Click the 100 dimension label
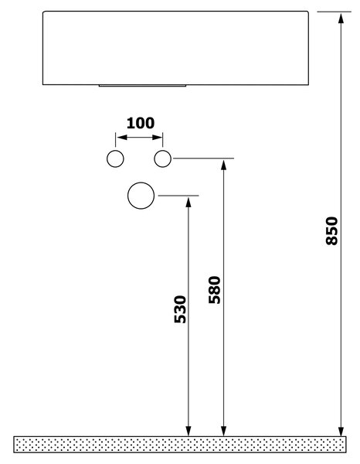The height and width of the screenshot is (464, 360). click(141, 123)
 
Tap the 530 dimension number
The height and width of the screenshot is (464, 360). click(180, 309)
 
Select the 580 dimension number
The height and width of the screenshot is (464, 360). click(215, 290)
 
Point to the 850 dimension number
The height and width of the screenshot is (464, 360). click(331, 230)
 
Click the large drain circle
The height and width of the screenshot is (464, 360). click(128, 196)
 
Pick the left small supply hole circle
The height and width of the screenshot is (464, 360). click(107, 159)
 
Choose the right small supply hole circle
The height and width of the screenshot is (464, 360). click(155, 159)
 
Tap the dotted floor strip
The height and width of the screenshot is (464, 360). click(180, 444)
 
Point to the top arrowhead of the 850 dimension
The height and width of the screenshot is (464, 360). click(341, 18)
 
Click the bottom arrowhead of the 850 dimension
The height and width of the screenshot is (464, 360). click(341, 431)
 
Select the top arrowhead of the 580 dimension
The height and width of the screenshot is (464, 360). click(224, 164)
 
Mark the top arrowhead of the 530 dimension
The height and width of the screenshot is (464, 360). click(188, 202)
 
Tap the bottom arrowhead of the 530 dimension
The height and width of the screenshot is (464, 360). click(188, 431)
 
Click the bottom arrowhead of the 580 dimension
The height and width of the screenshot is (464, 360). click(224, 431)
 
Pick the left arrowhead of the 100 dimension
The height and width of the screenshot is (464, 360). click(121, 138)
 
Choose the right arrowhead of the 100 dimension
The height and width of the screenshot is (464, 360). click(158, 138)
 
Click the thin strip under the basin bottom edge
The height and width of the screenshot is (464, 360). click(142, 86)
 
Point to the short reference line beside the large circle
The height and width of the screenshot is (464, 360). click(178, 196)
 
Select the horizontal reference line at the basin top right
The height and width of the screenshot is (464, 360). click(335, 12)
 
